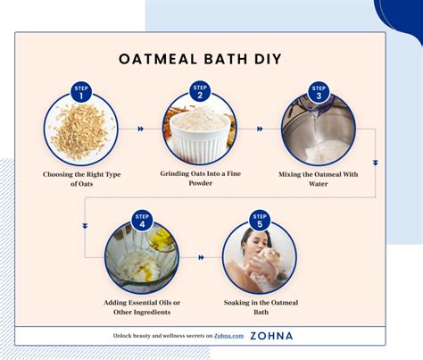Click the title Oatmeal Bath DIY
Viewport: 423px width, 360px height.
tap(200, 60)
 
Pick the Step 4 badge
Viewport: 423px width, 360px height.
tap(140, 220)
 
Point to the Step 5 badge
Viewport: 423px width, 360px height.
tap(260, 220)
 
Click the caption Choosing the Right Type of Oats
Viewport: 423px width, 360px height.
tap(80, 179)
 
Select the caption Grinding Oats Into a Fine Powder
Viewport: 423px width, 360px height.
tap(200, 179)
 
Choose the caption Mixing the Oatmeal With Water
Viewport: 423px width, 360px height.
tap(319, 179)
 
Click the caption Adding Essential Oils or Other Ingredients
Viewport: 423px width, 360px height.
tap(140, 308)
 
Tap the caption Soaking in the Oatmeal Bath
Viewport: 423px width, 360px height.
tap(260, 308)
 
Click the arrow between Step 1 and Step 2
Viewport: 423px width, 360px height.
tap(139, 130)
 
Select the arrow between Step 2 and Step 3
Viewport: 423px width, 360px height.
tap(259, 130)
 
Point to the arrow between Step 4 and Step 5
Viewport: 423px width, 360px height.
tap(200, 258)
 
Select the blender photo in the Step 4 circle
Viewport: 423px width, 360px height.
tap(140, 259)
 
